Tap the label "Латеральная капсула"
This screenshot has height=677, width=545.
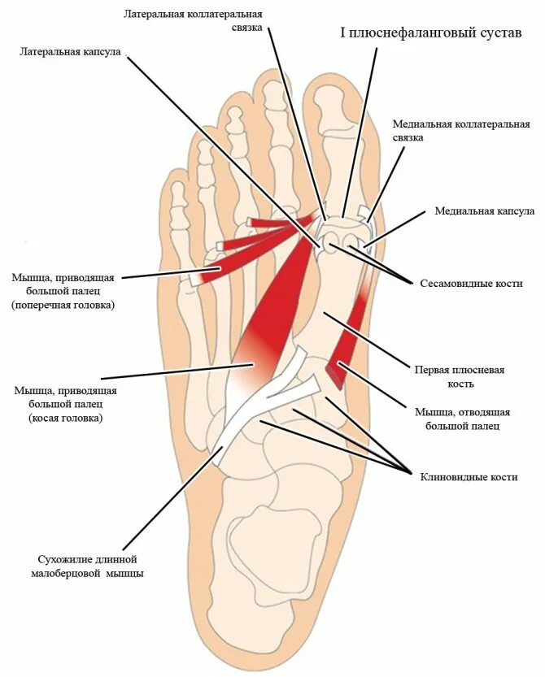[x=71, y=51]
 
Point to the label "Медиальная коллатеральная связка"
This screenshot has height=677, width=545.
[x=461, y=131]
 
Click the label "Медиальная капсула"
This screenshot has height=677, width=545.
[x=484, y=211]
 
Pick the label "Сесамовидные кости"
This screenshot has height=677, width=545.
[x=471, y=284]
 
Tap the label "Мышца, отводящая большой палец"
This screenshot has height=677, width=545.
[x=461, y=418]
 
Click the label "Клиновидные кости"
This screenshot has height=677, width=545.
[x=469, y=477]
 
